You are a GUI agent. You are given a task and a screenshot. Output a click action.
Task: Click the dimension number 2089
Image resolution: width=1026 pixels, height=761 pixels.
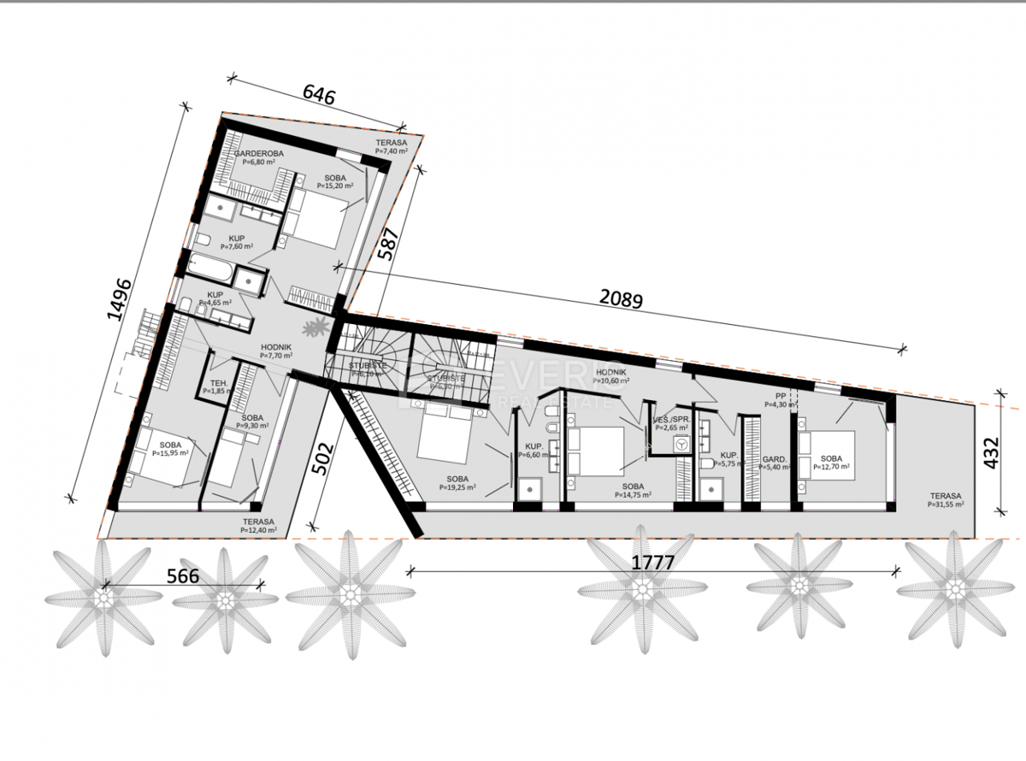pyautogui.click(x=621, y=298)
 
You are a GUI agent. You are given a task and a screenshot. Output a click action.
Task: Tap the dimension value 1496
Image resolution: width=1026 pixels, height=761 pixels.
pyautogui.click(x=121, y=299)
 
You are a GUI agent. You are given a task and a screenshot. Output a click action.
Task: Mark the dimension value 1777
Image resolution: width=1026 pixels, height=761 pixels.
pyautogui.click(x=653, y=563)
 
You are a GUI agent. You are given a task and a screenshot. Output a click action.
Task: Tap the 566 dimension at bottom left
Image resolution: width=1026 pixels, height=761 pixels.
pyautogui.click(x=182, y=576)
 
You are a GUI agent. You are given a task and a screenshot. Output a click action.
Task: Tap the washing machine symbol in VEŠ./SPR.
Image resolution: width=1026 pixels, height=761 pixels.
pyautogui.click(x=682, y=445)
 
